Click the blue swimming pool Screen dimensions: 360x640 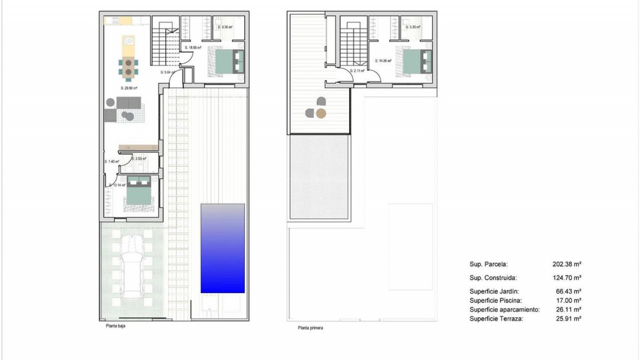pos(223,248)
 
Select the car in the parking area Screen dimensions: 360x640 pos(132,267)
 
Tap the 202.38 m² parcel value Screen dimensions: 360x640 pos(567,264)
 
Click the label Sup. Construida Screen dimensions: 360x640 pos(493,278)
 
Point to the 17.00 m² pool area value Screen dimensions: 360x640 pos(569,300)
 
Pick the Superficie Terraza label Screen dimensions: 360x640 pos(496,319)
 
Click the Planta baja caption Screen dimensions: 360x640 pos(115,326)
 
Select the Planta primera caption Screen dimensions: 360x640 pos(310,328)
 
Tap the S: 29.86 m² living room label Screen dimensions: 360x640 pos(129,88)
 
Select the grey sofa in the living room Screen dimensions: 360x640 pos(129,103)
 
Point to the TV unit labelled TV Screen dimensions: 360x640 pos(138,147)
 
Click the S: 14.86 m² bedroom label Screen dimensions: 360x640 pos(383,61)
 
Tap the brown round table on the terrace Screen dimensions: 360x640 pos(321,114)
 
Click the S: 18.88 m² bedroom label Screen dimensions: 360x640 pos(193,48)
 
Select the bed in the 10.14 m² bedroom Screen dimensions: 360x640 pos(139,193)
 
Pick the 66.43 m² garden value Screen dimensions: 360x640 pos(569,291)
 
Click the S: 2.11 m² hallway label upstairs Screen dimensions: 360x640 pos(357,71)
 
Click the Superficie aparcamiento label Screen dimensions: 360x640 pos(504,310)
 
